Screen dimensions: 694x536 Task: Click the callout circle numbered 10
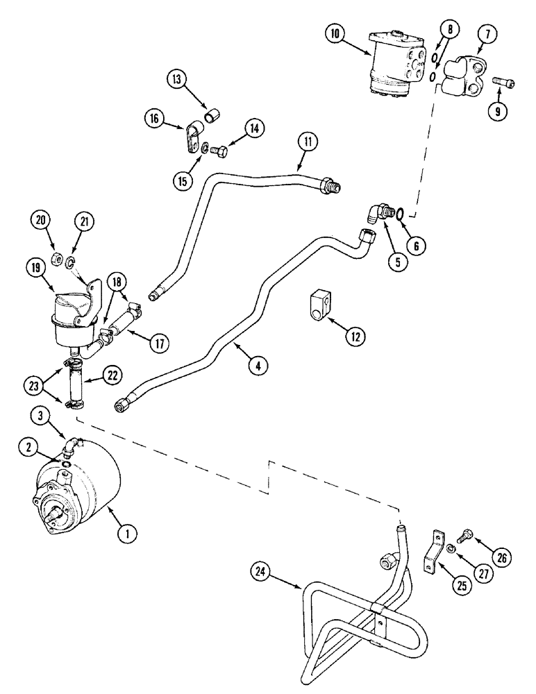[x=337, y=33]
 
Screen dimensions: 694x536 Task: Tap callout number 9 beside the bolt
[x=496, y=110]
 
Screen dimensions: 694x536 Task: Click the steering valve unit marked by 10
[x=394, y=60]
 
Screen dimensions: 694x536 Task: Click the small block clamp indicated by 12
[x=319, y=307]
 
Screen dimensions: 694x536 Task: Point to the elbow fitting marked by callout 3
[x=70, y=441]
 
